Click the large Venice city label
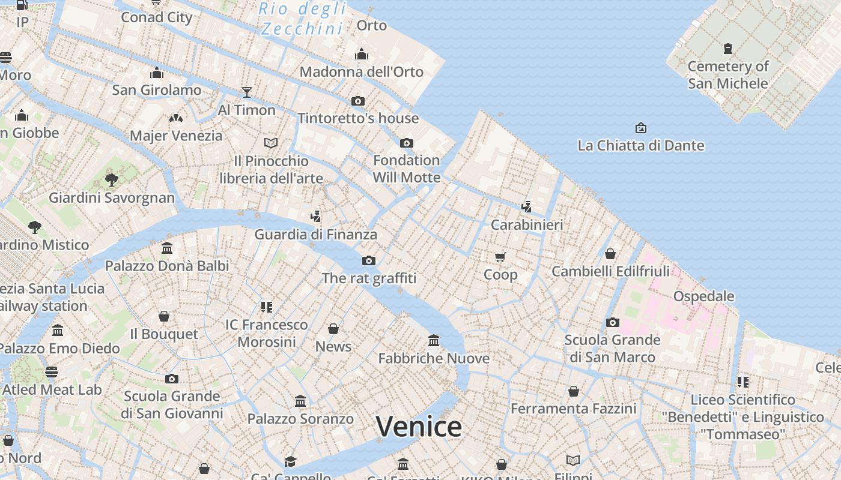pos(419,427)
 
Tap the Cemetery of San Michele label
pos(728,74)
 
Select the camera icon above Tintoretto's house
pos(358,101)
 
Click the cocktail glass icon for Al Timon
pos(246,92)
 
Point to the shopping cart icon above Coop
pos(500,257)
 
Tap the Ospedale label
pos(703,296)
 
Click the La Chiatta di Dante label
pos(640,145)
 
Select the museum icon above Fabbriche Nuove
pos(434,341)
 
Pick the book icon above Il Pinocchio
pos(271,143)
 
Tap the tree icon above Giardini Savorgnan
pos(111,179)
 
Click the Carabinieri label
pos(527,225)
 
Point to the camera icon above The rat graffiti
pos(369,260)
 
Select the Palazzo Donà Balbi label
pos(167,266)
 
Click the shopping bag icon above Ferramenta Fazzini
pos(574,391)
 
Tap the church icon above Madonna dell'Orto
pos(362,55)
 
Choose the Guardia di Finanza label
pos(315,235)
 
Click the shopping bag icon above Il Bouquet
pos(164,316)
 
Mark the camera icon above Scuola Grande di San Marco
pos(612,322)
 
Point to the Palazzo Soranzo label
pos(300,419)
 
